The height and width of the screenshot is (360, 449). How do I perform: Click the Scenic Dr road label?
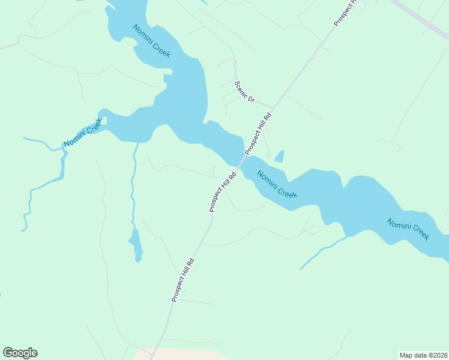point(245,92)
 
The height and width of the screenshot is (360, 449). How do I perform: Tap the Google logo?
point(20,353)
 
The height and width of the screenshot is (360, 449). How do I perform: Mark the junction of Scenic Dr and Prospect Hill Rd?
point(273,110)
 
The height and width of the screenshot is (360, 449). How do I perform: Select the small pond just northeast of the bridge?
point(279,157)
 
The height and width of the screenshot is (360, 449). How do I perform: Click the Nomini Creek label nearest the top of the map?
point(151,41)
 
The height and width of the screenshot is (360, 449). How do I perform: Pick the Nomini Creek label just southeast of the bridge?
point(277,185)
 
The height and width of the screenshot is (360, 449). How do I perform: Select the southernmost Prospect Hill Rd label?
point(182,280)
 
